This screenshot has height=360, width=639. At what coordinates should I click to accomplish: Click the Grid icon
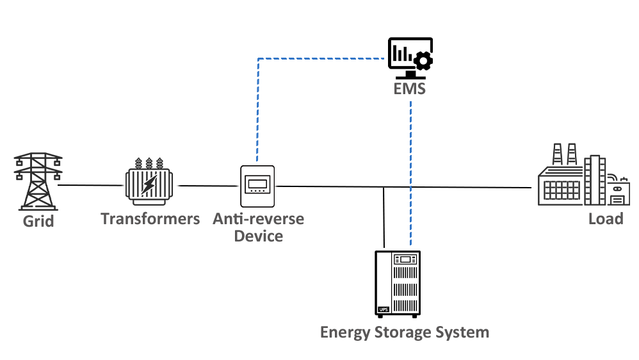(38, 181)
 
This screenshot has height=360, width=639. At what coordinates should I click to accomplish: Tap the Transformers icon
(149, 181)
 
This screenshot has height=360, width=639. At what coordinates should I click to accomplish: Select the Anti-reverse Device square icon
(257, 186)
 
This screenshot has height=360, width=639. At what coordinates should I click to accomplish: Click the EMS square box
(410, 58)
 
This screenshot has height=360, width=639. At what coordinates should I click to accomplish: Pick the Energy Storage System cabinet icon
(398, 284)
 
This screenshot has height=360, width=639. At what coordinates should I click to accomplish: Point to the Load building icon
(583, 174)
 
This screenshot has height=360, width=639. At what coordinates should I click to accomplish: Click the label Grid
(38, 222)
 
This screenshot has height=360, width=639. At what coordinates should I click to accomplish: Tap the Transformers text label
(150, 219)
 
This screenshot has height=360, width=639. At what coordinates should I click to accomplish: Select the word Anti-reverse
(259, 219)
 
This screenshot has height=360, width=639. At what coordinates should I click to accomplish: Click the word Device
(259, 236)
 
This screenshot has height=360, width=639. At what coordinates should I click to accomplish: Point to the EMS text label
(410, 89)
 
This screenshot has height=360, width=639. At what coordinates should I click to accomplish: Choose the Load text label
(605, 219)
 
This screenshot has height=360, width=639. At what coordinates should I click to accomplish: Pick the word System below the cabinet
(464, 332)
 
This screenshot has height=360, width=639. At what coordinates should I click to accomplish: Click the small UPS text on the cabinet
(384, 311)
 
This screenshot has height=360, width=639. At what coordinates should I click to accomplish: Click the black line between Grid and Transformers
(93, 186)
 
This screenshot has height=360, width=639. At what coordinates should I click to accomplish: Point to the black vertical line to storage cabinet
(384, 218)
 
